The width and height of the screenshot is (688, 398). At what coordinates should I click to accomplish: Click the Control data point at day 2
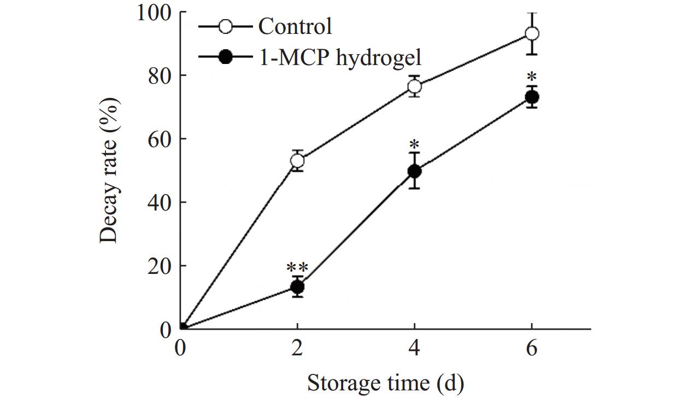[297, 161]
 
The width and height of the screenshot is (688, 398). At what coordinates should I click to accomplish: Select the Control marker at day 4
[415, 86]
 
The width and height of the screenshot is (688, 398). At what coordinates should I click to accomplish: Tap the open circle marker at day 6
[532, 34]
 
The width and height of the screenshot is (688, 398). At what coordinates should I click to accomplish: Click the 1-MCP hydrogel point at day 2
[297, 286]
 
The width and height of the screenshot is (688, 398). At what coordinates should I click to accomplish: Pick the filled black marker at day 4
[415, 171]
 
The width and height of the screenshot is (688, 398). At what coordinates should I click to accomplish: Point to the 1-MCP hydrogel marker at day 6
[532, 97]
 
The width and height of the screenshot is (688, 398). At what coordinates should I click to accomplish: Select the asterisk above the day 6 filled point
[532, 77]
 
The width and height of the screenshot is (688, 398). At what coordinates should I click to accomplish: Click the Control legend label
[295, 26]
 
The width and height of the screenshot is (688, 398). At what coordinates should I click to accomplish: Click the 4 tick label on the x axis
[415, 348]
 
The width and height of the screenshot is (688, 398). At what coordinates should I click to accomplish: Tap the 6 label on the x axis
[532, 348]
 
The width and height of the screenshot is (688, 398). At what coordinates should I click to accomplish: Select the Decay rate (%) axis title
[110, 171]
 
